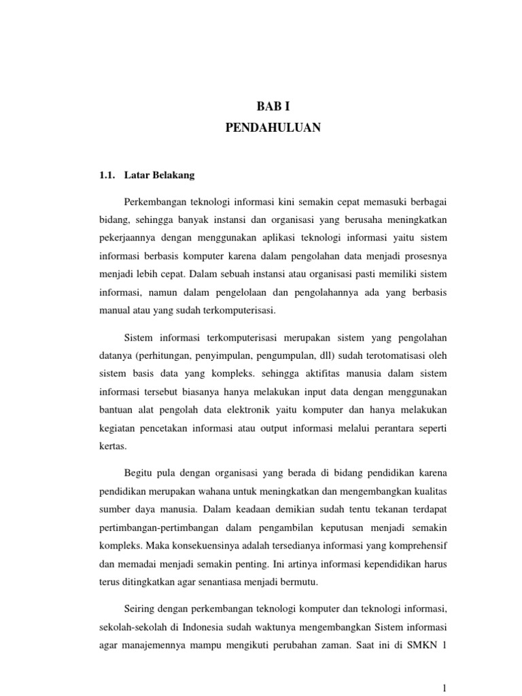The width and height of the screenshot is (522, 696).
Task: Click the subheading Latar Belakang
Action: click(160, 175)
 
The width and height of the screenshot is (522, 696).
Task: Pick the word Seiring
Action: click(142, 606)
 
